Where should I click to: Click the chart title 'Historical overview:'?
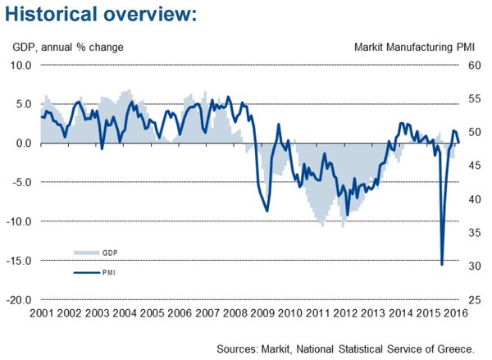101,14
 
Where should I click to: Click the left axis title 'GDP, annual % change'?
68,48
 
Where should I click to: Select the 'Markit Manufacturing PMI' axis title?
414,48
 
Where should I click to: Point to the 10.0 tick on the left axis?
21,66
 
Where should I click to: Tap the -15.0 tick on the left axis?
19,261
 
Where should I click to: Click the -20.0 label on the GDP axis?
19,300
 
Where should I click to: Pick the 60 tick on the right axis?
475,66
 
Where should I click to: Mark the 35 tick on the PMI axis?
475,233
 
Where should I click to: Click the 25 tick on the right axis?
475,300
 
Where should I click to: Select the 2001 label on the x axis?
42,313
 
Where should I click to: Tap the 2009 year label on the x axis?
262,313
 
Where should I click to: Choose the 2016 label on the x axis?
456,313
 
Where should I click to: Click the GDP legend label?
110,253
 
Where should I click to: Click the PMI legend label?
109,272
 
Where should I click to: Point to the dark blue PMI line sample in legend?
87,272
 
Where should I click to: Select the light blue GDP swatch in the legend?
87,253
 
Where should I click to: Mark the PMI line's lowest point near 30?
442,265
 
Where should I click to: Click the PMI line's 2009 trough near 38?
267,211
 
